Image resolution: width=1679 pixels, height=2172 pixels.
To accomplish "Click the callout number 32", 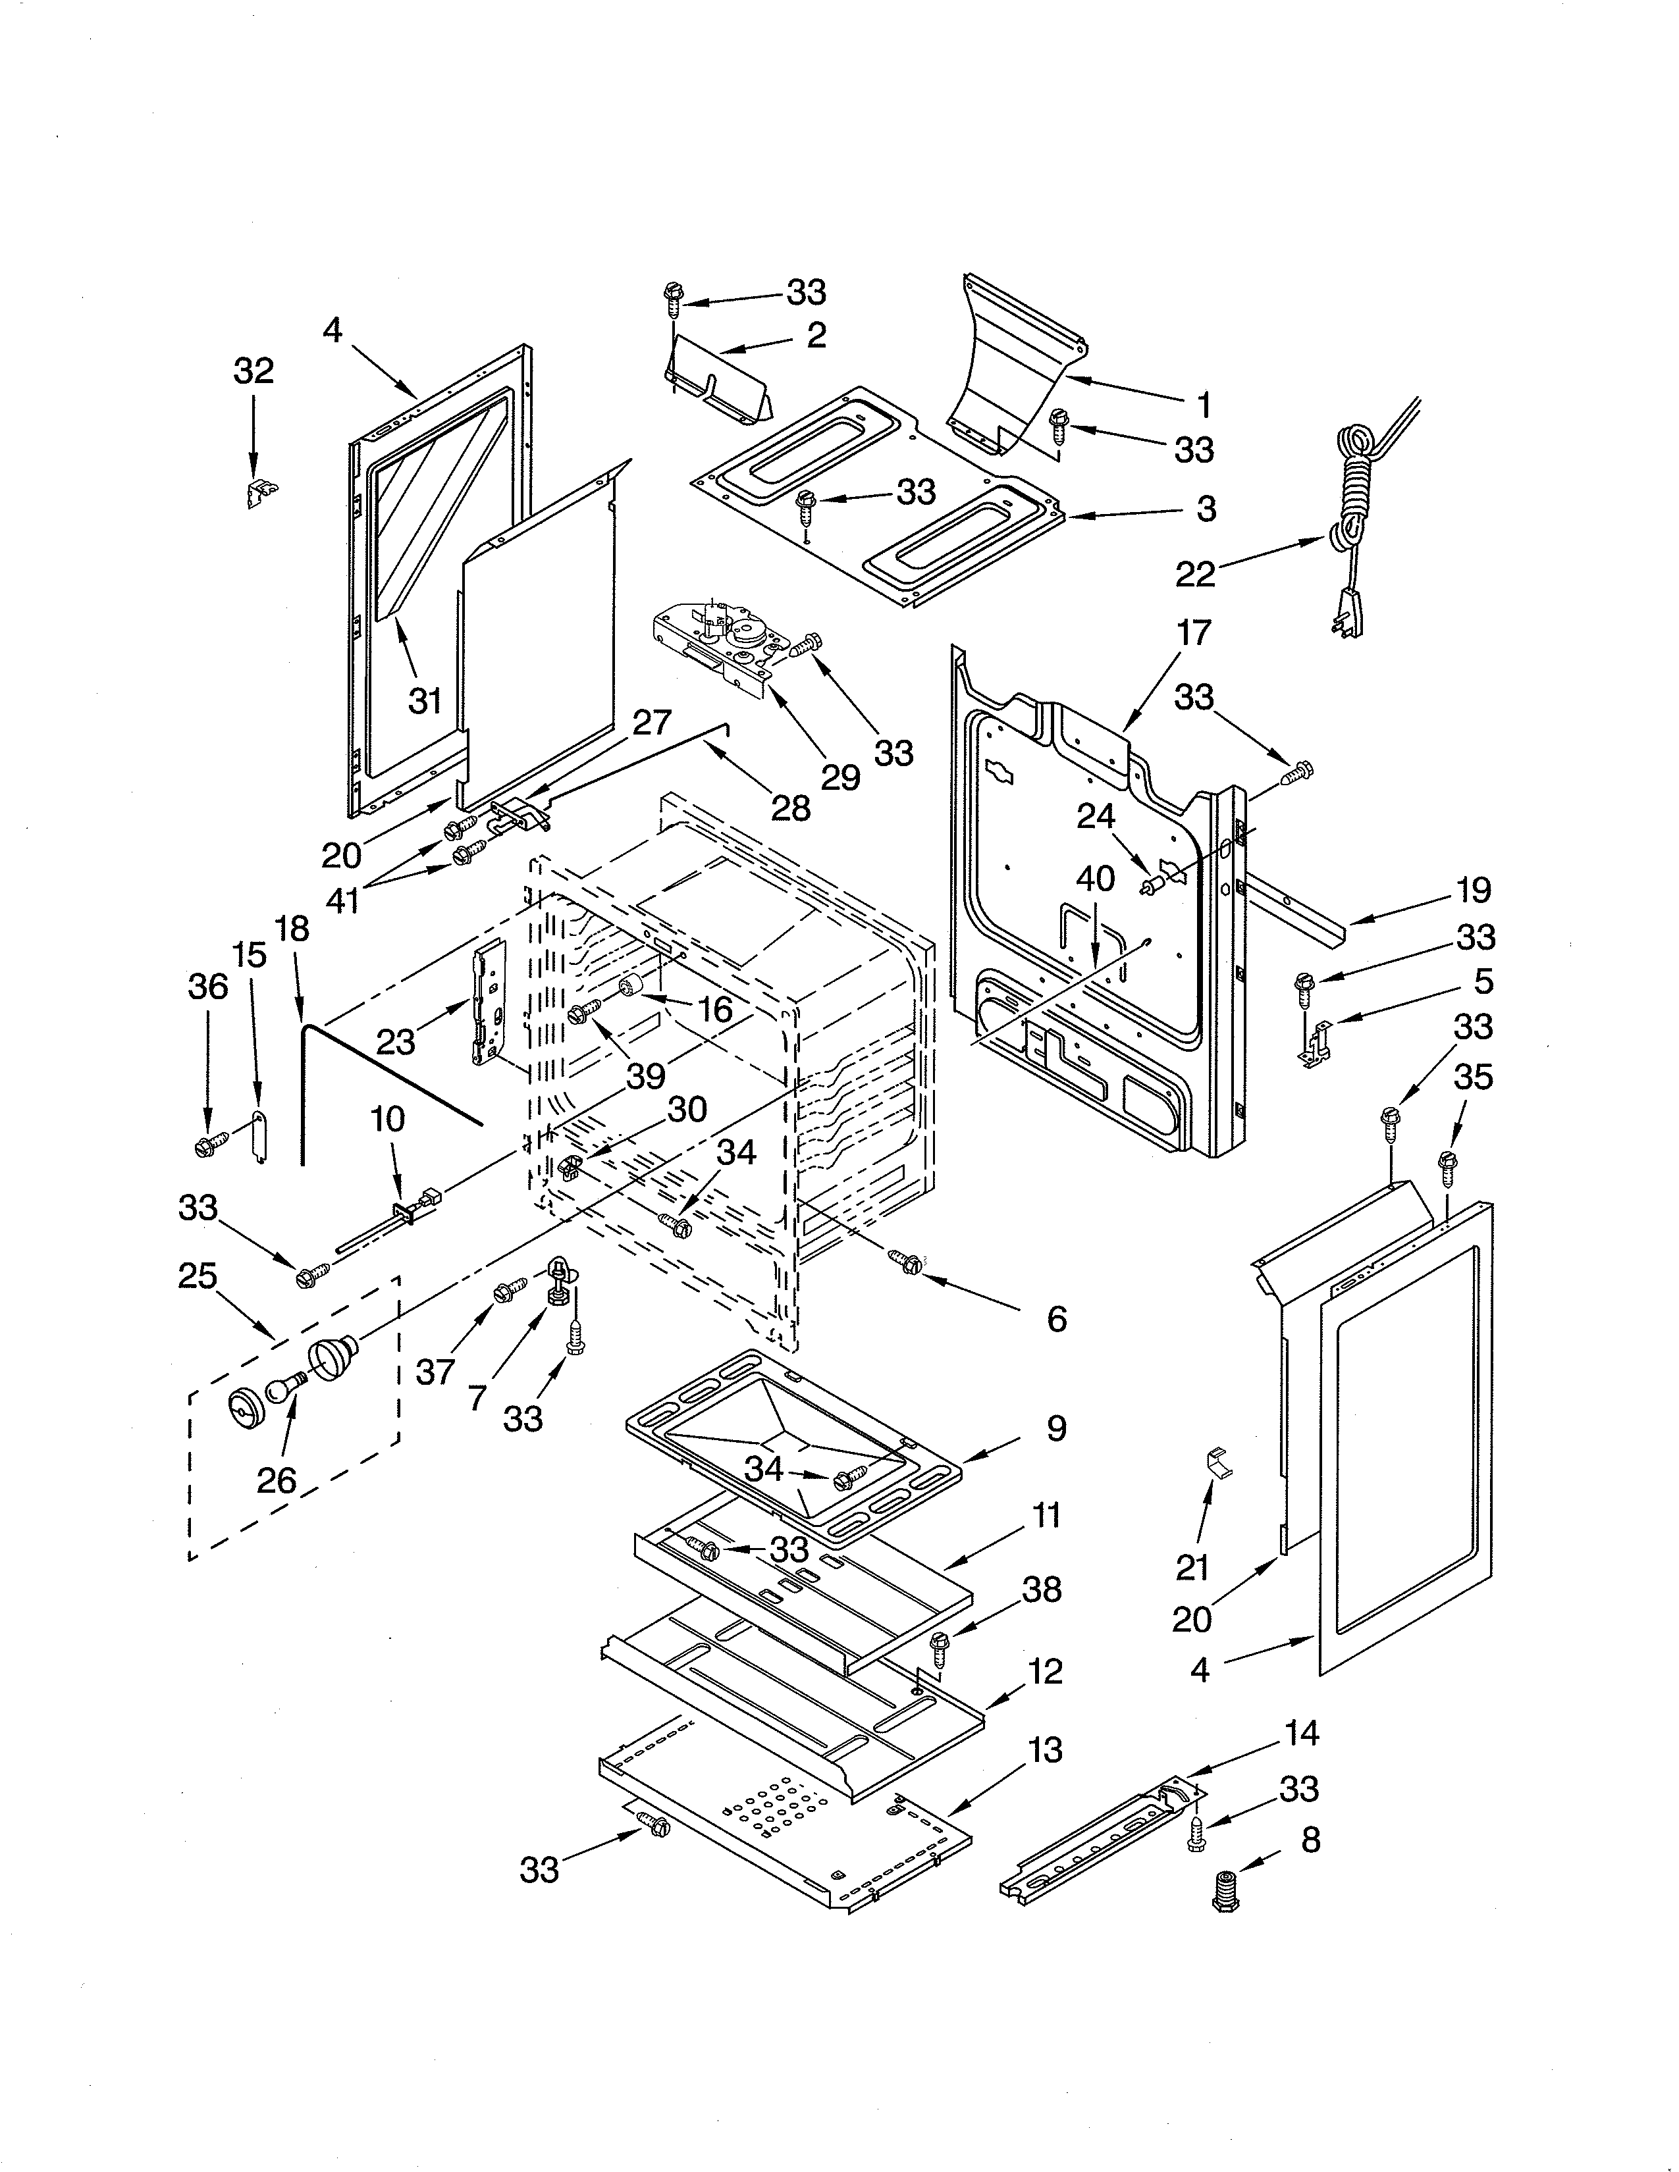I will [253, 371].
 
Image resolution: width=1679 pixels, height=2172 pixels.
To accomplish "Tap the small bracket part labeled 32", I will [261, 491].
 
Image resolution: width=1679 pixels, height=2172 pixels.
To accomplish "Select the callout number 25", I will [197, 1275].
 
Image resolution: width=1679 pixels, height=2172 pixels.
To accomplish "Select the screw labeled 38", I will [938, 1646].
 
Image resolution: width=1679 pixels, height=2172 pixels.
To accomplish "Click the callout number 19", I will [1473, 889].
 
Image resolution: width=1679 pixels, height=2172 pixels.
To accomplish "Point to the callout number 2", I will [816, 335].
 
